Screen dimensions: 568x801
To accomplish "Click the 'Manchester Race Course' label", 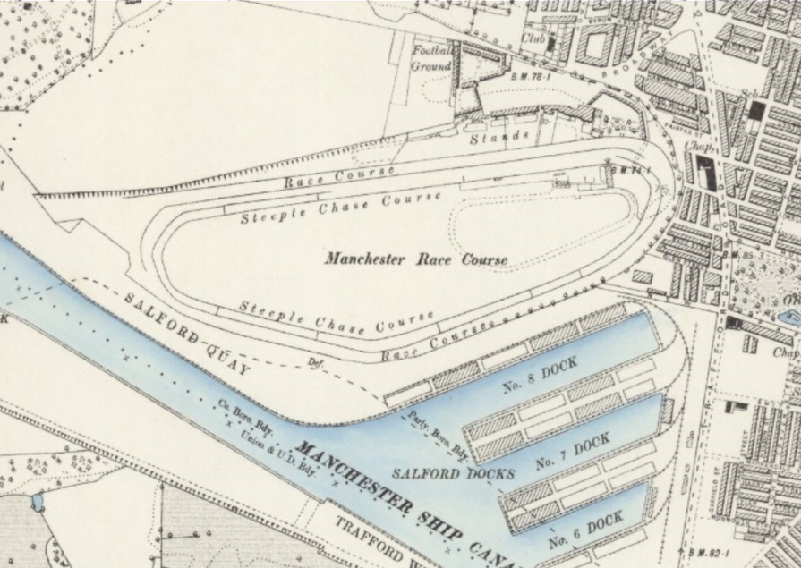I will tap(416, 259).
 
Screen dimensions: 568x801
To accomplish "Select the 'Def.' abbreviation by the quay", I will tap(314, 363).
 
